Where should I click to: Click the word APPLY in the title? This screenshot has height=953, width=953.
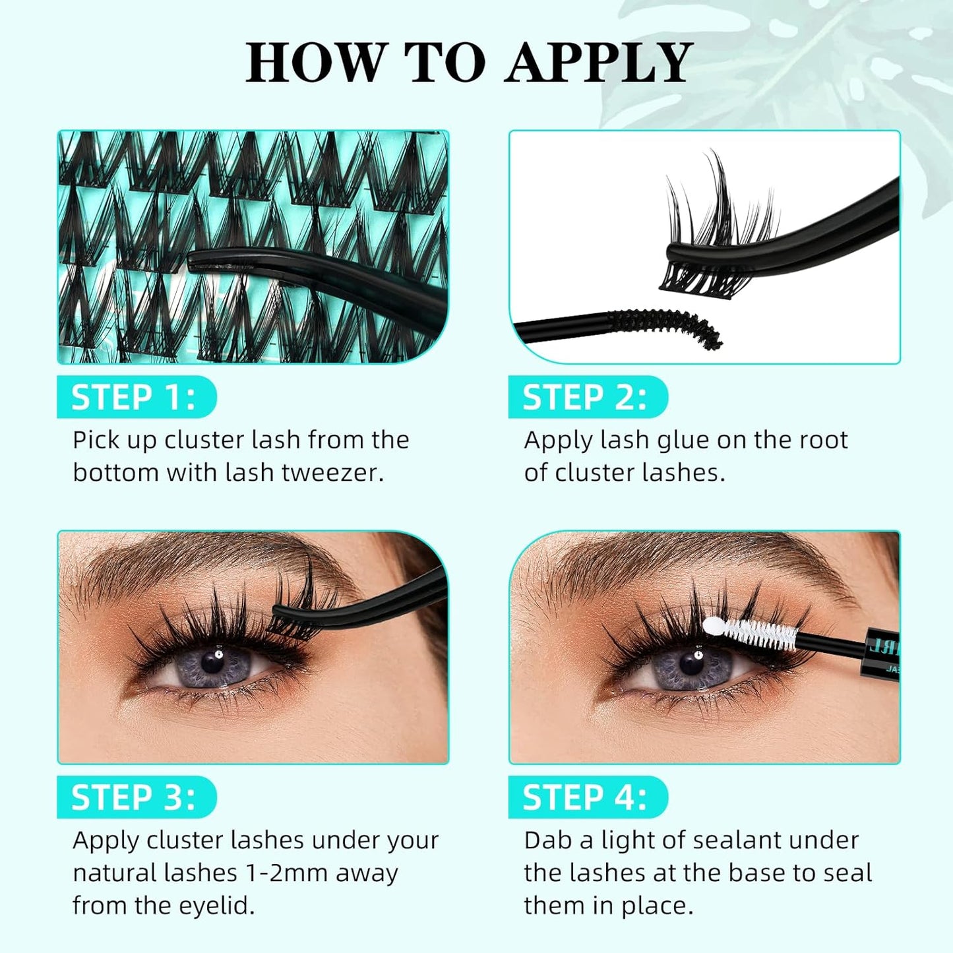tap(599, 63)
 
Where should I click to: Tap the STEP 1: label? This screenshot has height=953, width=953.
tap(134, 398)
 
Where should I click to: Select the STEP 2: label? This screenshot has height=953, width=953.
tap(585, 398)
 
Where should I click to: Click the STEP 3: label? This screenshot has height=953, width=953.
tap(134, 797)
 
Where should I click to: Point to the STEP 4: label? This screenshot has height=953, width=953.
tap(585, 797)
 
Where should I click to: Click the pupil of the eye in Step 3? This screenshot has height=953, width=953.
tap(212, 661)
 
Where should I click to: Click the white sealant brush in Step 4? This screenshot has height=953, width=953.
tap(752, 633)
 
